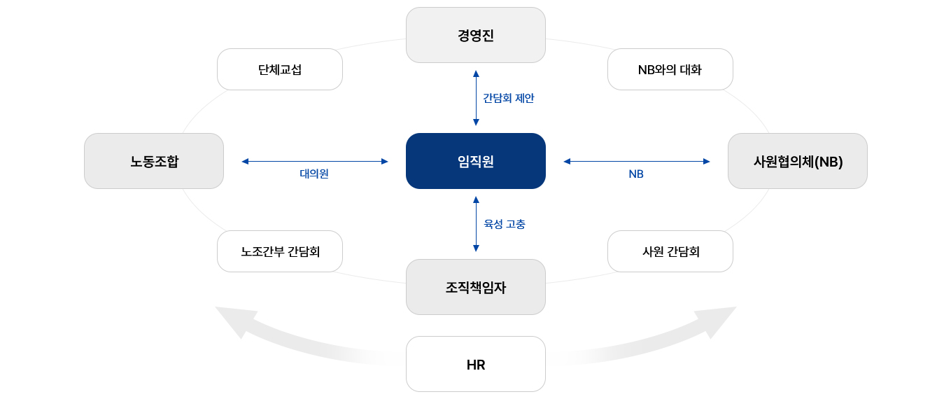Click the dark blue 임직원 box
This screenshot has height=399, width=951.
tap(475, 161)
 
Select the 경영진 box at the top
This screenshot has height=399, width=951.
tap(475, 35)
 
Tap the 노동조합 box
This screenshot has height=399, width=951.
tap(154, 161)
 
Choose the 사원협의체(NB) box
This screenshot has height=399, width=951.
tap(797, 161)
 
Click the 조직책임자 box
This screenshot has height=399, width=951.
tap(475, 287)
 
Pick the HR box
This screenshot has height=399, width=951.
tap(475, 364)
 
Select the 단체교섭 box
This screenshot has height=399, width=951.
tap(279, 69)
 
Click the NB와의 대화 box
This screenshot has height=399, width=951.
tap(670, 69)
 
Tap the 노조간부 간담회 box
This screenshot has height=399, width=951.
tap(279, 251)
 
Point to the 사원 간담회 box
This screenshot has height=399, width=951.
tap(670, 251)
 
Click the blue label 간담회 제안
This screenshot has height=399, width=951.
tap(509, 99)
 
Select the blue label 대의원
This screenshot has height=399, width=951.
tap(314, 174)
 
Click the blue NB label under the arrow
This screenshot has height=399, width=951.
tap(635, 174)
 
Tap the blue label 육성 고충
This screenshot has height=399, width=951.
tap(505, 224)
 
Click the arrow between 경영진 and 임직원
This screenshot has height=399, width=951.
tap(476, 98)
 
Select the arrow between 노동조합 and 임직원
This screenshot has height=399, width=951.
tap(314, 161)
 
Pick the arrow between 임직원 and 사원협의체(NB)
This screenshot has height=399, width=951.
tap(636, 161)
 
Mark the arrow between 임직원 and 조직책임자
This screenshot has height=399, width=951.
tap(476, 224)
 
